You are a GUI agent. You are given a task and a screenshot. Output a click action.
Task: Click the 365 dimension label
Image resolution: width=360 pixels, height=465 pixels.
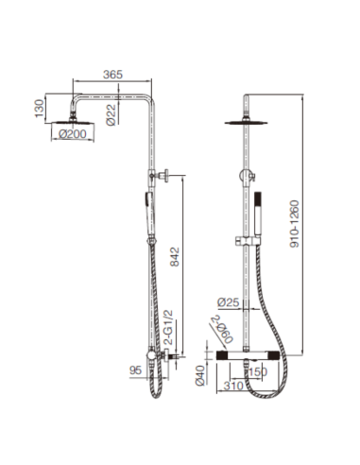coord(112,75)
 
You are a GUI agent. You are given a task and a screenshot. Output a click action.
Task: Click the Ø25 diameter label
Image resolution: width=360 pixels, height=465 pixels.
coord(228,302)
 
